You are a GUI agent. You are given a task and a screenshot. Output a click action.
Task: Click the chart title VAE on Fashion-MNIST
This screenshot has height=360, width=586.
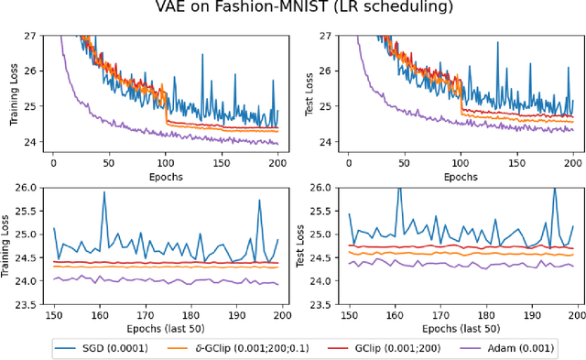click(293, 10)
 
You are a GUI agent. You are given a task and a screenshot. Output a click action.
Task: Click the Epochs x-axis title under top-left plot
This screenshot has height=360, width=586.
click(165, 175)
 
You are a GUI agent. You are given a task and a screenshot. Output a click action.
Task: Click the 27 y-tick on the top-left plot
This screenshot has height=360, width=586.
click(31, 36)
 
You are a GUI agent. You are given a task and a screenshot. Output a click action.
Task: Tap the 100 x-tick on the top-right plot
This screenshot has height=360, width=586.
click(460, 162)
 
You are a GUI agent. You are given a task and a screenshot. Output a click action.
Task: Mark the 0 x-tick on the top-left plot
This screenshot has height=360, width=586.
click(53, 162)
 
